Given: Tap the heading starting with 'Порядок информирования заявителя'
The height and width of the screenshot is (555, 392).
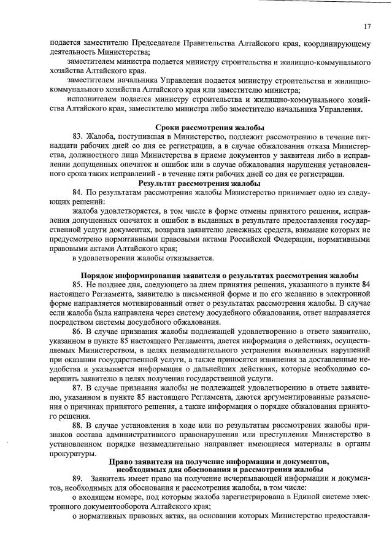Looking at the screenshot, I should tap(220, 274).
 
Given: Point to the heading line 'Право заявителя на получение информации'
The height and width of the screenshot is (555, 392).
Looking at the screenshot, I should tap(219, 462).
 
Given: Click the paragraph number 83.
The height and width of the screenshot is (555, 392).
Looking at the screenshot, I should tap(77, 136).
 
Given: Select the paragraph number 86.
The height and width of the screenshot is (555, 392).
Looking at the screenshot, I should tap(77, 330).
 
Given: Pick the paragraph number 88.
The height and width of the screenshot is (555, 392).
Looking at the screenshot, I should tap(77, 425).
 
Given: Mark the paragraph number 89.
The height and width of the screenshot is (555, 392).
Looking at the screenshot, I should tap(77, 478).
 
